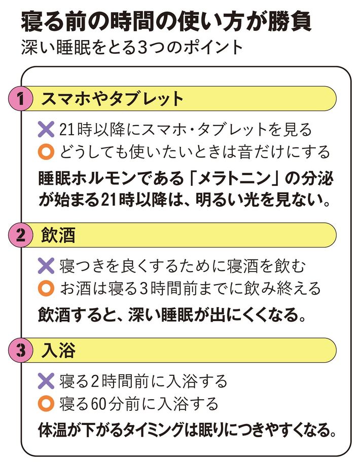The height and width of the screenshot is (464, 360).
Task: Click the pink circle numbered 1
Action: point(20,99)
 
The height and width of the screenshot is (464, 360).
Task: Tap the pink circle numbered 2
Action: point(20,235)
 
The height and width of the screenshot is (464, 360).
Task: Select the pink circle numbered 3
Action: point(20,350)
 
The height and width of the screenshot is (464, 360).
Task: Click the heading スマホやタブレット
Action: point(112,99)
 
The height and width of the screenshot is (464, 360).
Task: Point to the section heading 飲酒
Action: point(58,235)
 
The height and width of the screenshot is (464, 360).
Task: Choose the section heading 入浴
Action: point(58,351)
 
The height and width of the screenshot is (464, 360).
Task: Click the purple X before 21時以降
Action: point(46,130)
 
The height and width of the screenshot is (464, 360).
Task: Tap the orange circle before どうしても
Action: point(46,152)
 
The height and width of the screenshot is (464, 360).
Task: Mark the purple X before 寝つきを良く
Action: point(46,265)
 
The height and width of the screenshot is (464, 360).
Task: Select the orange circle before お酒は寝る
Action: point(46,288)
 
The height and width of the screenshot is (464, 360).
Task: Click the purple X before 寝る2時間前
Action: point(46,381)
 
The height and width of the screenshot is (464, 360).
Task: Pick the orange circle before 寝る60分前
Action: point(46,404)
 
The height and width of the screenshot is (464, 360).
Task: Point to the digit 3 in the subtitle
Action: point(142,48)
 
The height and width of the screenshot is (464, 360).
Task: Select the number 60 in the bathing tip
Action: point(99,404)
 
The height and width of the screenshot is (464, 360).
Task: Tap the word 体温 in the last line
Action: point(53,430)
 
